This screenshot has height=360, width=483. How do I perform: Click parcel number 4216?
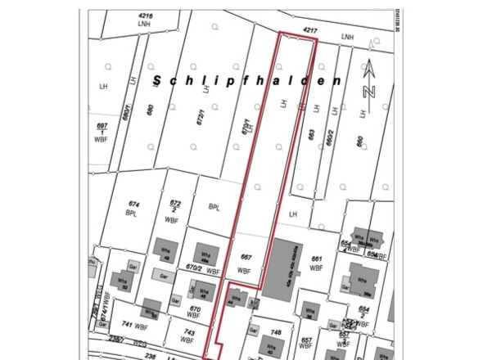pyautogui.click(x=147, y=16)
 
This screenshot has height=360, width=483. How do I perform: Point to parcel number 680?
pyautogui.click(x=150, y=110)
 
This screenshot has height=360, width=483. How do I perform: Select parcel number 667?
pyautogui.click(x=244, y=257)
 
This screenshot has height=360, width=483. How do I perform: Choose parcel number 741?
pyautogui.click(x=127, y=325)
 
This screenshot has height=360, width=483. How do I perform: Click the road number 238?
pyautogui.click(x=150, y=357)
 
